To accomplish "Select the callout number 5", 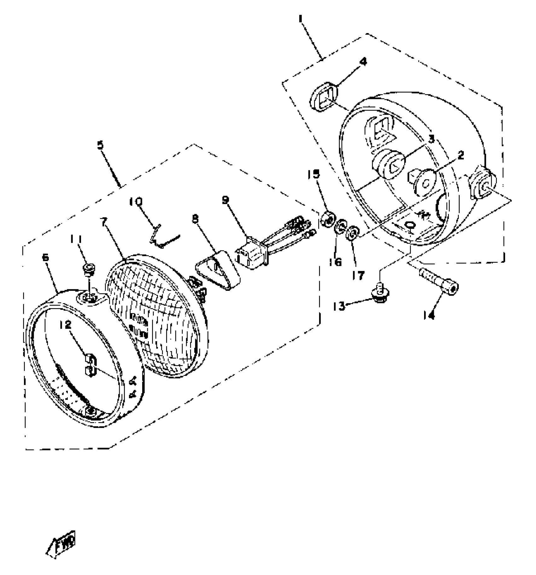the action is (100, 146).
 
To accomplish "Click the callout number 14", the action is (430, 314).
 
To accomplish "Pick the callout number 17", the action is (358, 275).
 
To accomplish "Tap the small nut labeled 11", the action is (88, 268).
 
